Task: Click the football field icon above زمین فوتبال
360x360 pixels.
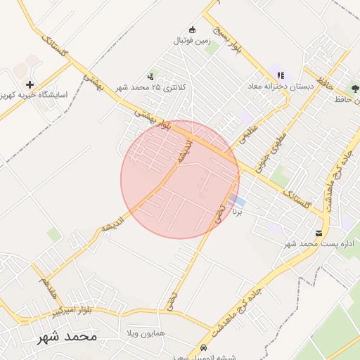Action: pos(193,30)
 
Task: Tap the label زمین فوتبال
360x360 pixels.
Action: pos(192,41)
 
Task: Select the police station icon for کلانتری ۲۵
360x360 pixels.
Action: pos(150,77)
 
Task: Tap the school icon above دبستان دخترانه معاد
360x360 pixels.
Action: pos(281,76)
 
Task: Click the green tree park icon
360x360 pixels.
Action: pos(355,89)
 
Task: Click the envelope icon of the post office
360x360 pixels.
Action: pos(320,233)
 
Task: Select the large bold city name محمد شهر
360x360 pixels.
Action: pos(67,337)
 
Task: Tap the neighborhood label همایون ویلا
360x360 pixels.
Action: pos(146,331)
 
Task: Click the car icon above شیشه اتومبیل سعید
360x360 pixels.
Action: pos(203,347)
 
